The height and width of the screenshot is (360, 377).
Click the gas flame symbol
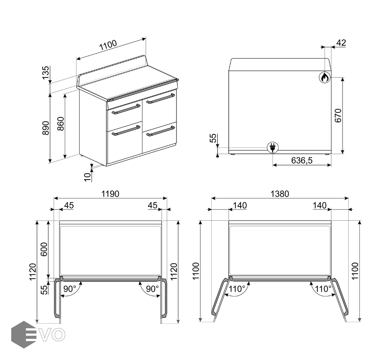tap(325, 77)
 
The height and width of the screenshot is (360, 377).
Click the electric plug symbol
tap(273, 147)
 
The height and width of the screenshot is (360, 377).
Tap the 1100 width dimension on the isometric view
tap(108, 45)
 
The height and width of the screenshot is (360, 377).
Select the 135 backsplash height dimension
tap(46, 72)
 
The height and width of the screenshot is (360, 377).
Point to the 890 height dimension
tap(46, 128)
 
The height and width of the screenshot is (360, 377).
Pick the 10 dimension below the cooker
tap(88, 177)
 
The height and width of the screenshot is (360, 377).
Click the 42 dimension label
tap(341, 43)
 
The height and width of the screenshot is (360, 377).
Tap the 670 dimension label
tap(338, 116)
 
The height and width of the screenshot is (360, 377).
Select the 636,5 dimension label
tap(302, 160)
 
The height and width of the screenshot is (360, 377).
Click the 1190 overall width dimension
tap(110, 194)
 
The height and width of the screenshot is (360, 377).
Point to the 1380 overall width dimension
tap(280, 194)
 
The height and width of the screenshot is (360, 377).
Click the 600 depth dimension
tap(44, 249)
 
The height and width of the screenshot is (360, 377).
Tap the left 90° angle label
tap(70, 289)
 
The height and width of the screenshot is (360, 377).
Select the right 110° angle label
tap(323, 289)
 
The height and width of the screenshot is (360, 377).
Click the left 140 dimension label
tap(240, 206)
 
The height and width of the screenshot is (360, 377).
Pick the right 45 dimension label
tap(152, 206)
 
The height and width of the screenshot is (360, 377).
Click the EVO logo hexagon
tap(23, 334)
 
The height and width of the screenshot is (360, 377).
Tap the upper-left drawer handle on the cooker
tap(126, 109)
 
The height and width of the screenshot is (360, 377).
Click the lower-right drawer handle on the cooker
tap(160, 131)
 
